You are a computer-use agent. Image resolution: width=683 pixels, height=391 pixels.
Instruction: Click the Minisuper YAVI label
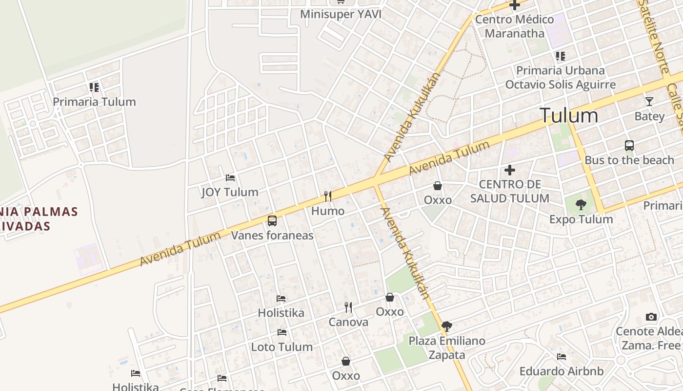341,14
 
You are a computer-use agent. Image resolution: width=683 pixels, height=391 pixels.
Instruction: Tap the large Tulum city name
568,116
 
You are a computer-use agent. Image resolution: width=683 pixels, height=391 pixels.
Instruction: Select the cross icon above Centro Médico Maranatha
515,5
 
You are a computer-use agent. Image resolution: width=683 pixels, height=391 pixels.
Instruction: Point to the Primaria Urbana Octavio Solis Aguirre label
561,78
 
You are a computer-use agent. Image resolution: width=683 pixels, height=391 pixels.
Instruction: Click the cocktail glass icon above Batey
649,102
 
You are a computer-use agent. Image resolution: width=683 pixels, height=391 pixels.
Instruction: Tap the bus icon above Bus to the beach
629,145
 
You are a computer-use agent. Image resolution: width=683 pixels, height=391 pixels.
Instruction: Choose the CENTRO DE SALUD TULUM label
510,191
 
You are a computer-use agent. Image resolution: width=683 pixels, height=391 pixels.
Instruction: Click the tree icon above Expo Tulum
581,205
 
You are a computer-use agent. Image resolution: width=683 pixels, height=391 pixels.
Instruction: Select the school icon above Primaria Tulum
94,87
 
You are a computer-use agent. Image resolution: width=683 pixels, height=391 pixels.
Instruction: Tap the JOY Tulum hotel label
230,192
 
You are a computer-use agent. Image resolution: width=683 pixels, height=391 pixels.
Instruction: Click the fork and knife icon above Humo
328,196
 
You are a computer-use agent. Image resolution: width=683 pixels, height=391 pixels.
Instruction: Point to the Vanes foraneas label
272,236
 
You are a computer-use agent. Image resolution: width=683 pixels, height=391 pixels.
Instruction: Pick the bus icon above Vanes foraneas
272,221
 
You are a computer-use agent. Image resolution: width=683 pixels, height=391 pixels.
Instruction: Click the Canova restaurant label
348,322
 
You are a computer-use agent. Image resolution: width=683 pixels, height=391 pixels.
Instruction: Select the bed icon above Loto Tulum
282,332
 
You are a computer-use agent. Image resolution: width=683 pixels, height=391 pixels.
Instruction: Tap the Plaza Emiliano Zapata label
447,348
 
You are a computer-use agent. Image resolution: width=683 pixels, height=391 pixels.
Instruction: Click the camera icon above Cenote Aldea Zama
651,317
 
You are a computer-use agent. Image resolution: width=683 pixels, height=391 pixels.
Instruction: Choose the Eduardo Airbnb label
561,371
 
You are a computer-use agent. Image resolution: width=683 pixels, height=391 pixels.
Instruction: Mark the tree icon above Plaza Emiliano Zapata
446,326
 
